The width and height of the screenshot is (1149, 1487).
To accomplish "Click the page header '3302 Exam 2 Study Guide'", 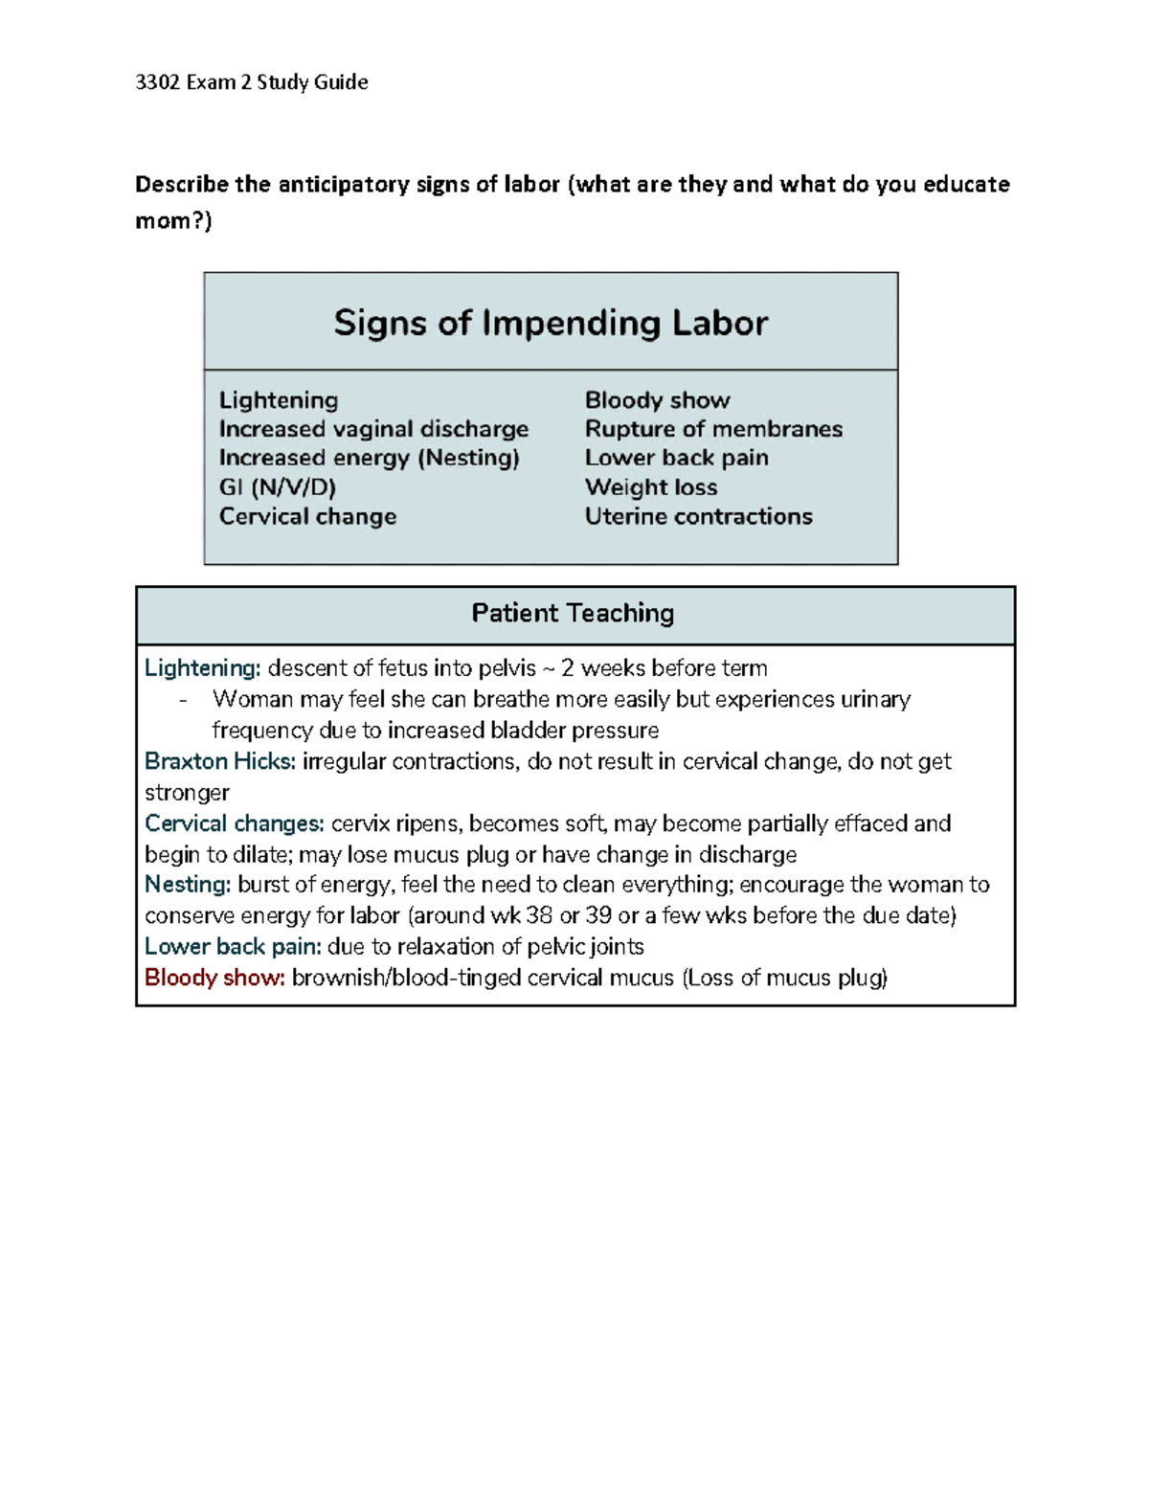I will pos(252,82).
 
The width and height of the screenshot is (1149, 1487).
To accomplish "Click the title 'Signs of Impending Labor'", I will pos(551,323).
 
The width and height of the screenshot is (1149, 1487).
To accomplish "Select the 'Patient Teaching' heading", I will pos(573,613).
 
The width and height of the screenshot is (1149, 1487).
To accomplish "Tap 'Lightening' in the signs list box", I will pos(279,400).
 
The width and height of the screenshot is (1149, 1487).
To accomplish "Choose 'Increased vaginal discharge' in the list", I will pos(373,429).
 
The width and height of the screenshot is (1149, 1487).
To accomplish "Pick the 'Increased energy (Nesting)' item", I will pos(369,458).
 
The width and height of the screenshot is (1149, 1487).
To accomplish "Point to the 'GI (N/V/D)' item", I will pos(278,487).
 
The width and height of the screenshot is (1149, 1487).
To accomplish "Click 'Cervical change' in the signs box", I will pos(307,516).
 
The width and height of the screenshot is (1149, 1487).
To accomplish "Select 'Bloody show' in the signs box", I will pos(657,400).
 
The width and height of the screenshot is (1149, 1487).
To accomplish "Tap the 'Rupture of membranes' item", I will pos(713,429).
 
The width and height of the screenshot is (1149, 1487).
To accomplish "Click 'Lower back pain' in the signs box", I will pos(676,458).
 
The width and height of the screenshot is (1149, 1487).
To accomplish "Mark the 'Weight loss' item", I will pos(651,487).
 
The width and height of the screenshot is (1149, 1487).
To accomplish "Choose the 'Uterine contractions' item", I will pos(698,516).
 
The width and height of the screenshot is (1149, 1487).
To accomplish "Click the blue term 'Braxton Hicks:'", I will pos(220,761).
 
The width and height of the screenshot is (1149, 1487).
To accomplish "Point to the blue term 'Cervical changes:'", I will pos(235,823).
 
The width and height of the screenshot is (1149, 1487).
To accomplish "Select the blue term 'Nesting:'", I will pos(188,885).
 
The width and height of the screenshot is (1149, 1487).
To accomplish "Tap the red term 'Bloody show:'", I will pos(214,978).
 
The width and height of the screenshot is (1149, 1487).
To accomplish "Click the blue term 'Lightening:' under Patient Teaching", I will pos(202,668).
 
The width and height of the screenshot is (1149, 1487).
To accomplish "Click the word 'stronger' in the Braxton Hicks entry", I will pos(187,793).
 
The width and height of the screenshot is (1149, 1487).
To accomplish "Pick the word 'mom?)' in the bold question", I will pos(173,221).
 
